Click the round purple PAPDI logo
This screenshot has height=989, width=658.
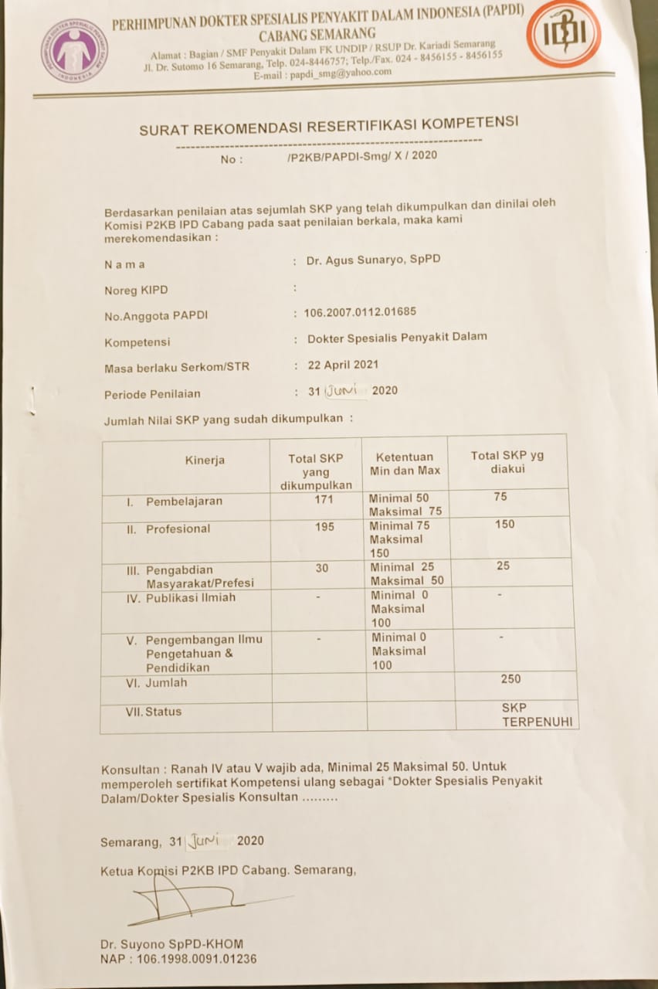pyautogui.click(x=74, y=51)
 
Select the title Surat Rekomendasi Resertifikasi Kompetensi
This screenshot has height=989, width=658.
pyautogui.click(x=328, y=125)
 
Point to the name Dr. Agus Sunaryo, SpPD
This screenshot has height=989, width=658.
pyautogui.click(x=373, y=260)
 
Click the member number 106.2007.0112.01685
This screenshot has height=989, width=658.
pyautogui.click(x=360, y=312)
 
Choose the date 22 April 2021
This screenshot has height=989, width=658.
pyautogui.click(x=343, y=365)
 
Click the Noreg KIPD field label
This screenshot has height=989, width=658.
pyautogui.click(x=136, y=291)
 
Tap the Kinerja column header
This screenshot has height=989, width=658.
pyautogui.click(x=205, y=461)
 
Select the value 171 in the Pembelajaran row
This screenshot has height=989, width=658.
pyautogui.click(x=324, y=500)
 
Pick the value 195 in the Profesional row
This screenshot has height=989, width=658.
pyautogui.click(x=325, y=527)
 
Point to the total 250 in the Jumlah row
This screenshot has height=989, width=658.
pyautogui.click(x=510, y=679)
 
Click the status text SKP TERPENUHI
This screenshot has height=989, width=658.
pyautogui.click(x=526, y=715)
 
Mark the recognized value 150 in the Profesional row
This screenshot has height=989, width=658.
pyautogui.click(x=505, y=525)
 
